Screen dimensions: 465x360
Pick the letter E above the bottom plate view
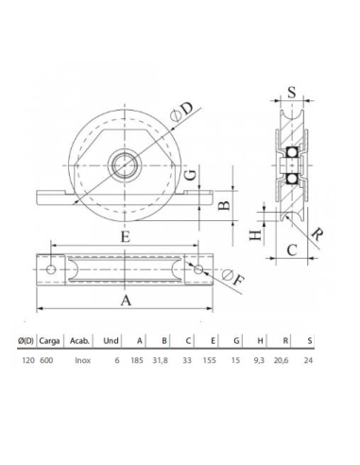pyautogui.click(x=125, y=239)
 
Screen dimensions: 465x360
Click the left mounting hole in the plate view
pyautogui.click(x=51, y=269)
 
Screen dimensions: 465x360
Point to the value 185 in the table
pyautogui.click(x=140, y=359)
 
